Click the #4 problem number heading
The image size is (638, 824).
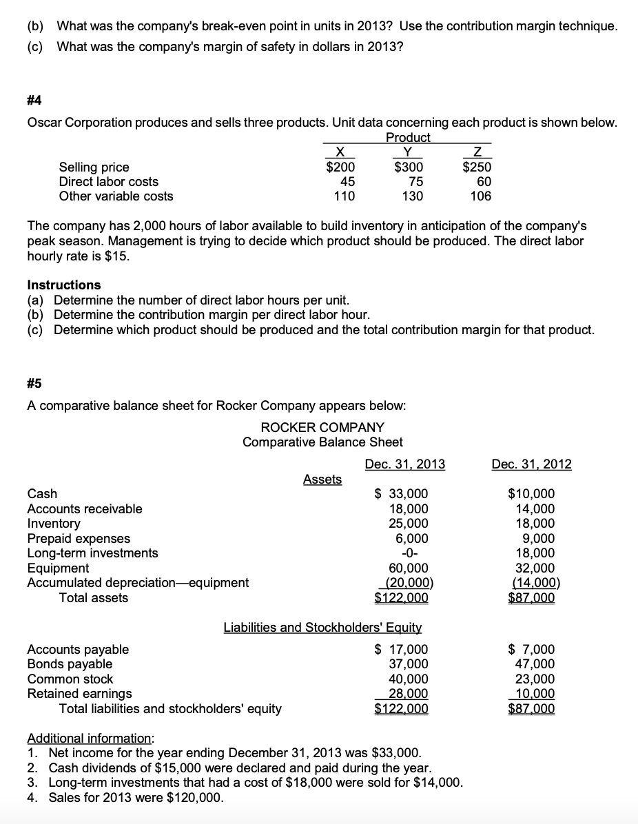pos(34,101)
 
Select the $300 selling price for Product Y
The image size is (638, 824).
pos(409,167)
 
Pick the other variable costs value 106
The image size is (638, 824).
pos(480,196)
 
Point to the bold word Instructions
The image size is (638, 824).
pos(63,285)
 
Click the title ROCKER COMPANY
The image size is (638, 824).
pos(322,428)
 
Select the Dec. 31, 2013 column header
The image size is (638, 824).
pos(405,464)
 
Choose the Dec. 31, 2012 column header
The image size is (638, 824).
pos(531,464)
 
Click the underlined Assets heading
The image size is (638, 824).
pos(322,479)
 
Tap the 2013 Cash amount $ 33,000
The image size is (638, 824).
pos(401,493)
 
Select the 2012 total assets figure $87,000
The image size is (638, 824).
pos(531,597)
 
